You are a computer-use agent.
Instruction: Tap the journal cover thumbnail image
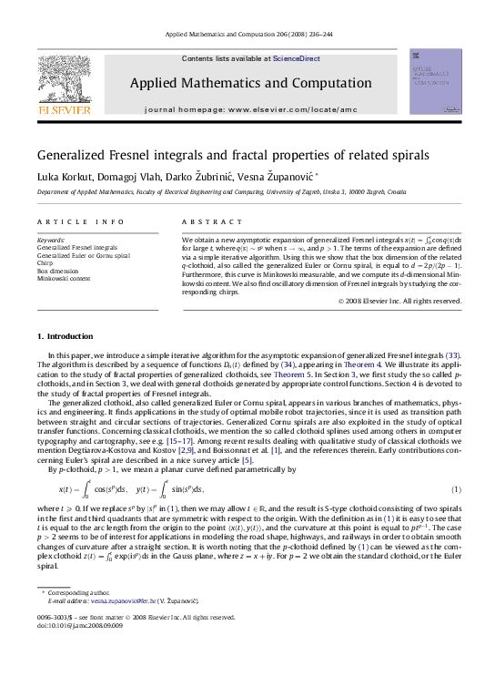(435, 83)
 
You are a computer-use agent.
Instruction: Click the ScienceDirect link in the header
(297, 58)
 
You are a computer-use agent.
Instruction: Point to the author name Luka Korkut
(65, 176)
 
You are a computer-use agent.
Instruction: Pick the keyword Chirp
(45, 263)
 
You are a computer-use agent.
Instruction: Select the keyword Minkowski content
(63, 279)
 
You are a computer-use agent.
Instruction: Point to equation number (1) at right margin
(454, 490)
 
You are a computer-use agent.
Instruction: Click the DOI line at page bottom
(73, 625)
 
